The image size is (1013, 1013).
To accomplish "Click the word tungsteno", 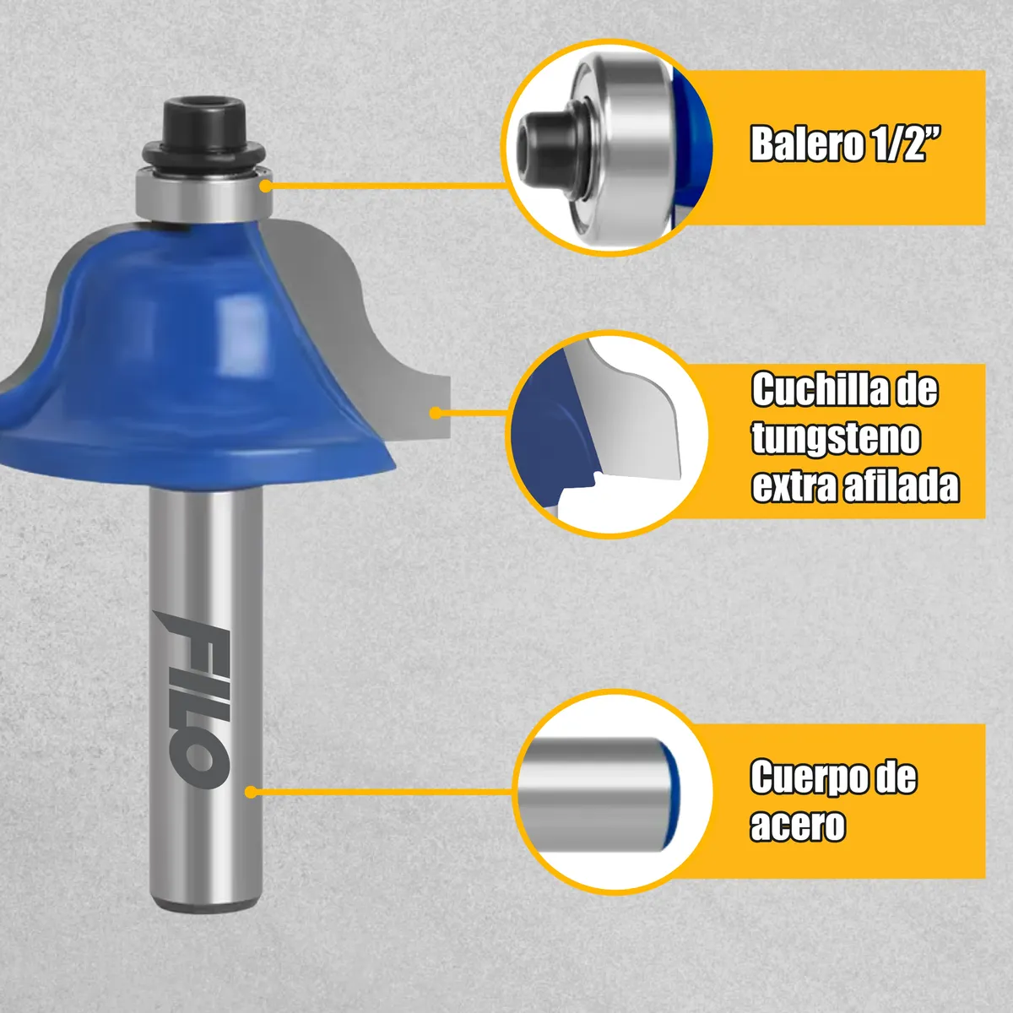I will [836, 438].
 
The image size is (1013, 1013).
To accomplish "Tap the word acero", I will [797, 825].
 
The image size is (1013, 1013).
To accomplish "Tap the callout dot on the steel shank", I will [251, 792].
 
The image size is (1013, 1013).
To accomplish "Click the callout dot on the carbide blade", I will [436, 413].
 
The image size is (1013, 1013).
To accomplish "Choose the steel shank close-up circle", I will [612, 792].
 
